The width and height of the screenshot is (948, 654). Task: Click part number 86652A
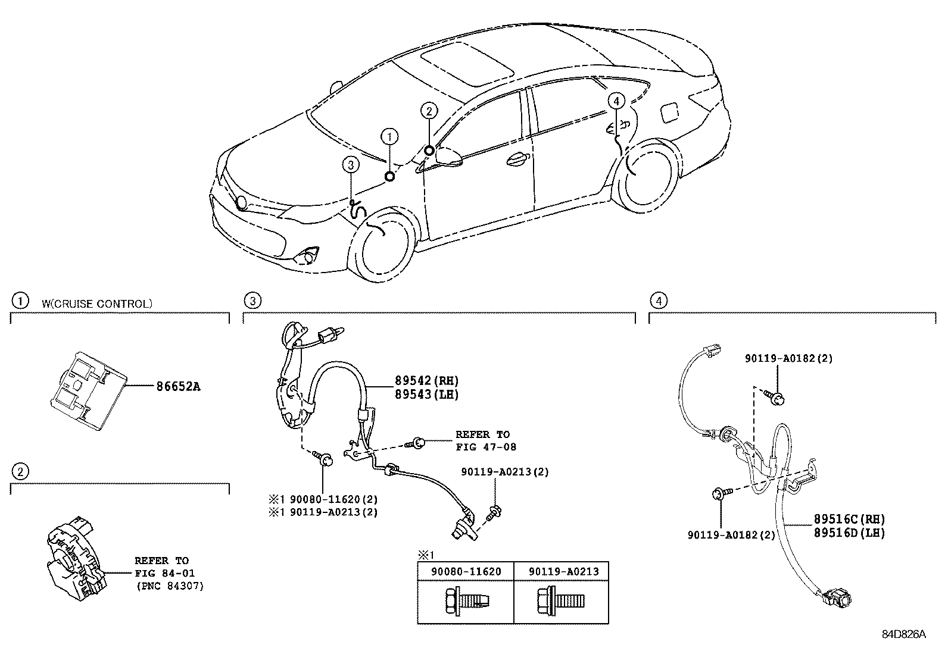(178, 386)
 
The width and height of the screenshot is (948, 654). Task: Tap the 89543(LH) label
(426, 394)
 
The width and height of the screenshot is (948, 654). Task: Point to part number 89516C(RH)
(849, 520)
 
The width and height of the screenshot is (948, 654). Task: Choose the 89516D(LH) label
(849, 533)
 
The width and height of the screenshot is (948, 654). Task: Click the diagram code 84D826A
(903, 634)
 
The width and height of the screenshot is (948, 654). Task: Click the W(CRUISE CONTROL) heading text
(97, 303)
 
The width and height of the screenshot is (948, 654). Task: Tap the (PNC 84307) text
(169, 586)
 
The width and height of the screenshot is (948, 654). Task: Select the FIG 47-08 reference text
(486, 447)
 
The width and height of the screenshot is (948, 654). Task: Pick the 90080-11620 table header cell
(466, 571)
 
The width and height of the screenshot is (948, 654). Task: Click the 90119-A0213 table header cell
(563, 571)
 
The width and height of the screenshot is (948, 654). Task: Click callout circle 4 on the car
(616, 102)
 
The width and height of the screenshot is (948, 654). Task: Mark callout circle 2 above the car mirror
(429, 110)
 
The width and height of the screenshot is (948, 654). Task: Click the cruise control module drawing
(88, 388)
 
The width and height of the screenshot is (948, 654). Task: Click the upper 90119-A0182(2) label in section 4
(788, 358)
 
